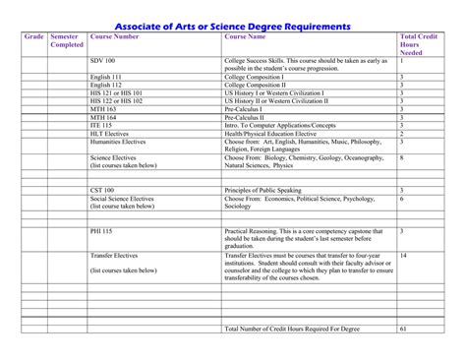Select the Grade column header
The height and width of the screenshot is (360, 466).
pyautogui.click(x=33, y=36)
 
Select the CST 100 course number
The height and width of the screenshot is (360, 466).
pyautogui.click(x=102, y=189)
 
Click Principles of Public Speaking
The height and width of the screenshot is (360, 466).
pyautogui.click(x=265, y=189)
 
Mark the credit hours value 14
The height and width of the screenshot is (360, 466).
pyautogui.click(x=403, y=255)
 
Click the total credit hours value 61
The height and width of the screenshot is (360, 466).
pyautogui.click(x=403, y=328)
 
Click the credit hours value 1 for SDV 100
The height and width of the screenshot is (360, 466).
pyautogui.click(x=401, y=60)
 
